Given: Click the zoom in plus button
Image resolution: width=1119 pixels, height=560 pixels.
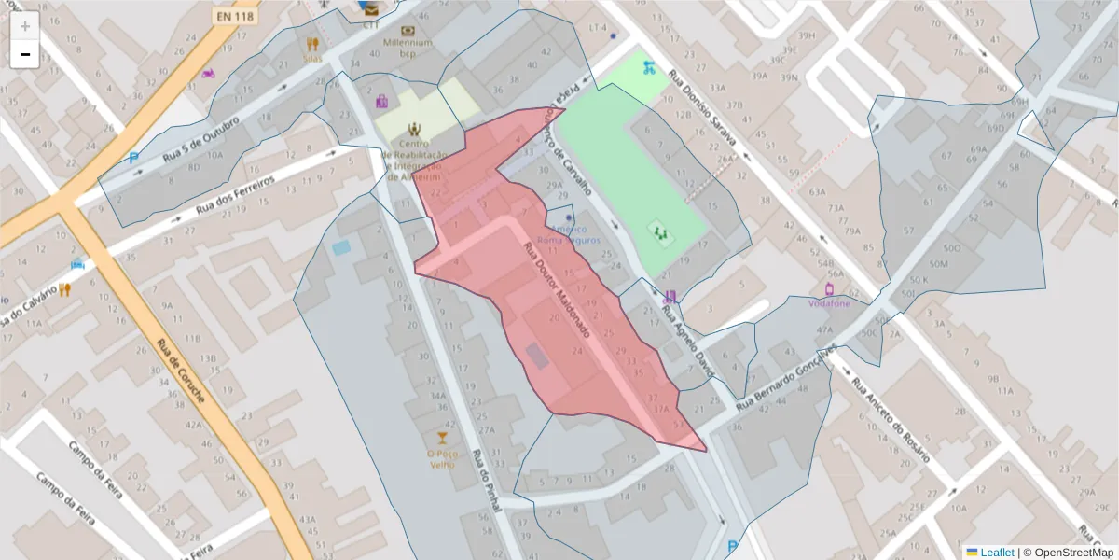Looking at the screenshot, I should pos(24,26).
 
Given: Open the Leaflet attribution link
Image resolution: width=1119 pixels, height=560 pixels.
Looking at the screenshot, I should pos(996,553).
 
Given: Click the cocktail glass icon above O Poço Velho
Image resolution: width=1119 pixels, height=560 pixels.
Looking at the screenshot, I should pos(442,437).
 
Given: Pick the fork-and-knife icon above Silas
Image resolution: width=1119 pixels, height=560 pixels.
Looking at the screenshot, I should pos(311,43).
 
